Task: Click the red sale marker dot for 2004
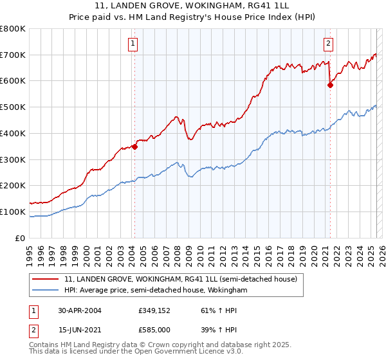point(135,147)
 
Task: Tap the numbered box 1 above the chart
point(133,44)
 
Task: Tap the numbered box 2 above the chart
point(328,44)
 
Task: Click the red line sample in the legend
point(46,280)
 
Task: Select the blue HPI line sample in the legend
point(46,291)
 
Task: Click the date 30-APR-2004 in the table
point(80,310)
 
